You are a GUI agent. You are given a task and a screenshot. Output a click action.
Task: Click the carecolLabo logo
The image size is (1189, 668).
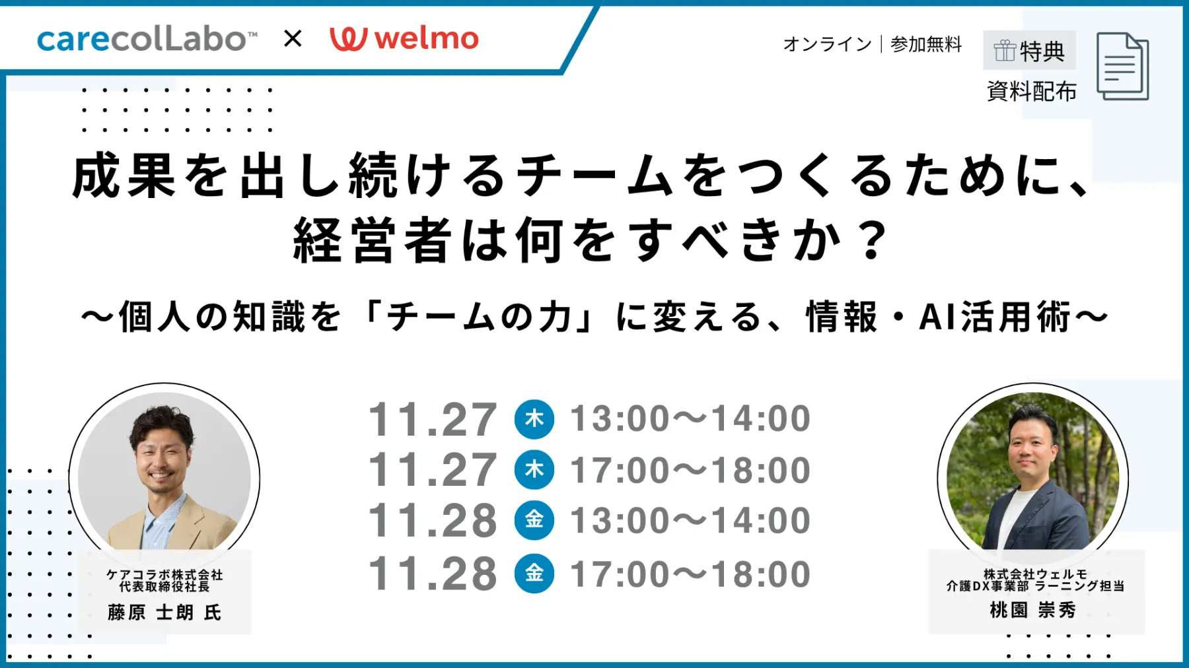[x=147, y=39]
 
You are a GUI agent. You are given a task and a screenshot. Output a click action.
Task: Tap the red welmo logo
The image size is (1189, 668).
[x=404, y=38]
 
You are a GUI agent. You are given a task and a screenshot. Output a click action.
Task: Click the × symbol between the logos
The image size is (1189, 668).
[x=293, y=38]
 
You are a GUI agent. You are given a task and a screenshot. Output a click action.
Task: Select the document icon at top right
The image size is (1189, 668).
[x=1122, y=66]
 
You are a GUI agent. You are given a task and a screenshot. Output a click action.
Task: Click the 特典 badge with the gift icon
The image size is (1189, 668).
[x=1029, y=50]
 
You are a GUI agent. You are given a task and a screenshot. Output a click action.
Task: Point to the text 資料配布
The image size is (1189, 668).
[x=1031, y=91]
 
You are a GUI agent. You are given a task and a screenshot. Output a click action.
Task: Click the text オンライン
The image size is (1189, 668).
[x=827, y=44]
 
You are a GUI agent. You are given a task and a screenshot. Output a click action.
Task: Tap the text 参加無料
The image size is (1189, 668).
[x=926, y=44]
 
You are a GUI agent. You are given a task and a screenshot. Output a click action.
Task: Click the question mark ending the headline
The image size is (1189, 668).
[x=873, y=240]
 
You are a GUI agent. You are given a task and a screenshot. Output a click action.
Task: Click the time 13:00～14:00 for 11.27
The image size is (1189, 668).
[x=690, y=418]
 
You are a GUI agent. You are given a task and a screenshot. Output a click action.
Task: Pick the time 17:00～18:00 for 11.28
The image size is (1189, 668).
[x=690, y=574]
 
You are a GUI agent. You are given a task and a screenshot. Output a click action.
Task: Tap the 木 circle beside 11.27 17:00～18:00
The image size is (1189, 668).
[x=534, y=470]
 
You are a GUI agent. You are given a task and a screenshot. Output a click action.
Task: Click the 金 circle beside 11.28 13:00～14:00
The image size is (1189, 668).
[x=534, y=520]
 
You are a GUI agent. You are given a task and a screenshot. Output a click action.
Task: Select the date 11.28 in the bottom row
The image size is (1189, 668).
[x=433, y=574]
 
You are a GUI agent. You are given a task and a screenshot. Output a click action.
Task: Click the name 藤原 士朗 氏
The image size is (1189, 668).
[x=164, y=613]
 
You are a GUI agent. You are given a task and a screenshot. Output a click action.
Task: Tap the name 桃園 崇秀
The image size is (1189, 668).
[x=1033, y=610]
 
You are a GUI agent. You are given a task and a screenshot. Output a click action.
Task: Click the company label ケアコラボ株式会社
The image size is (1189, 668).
[x=164, y=575]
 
